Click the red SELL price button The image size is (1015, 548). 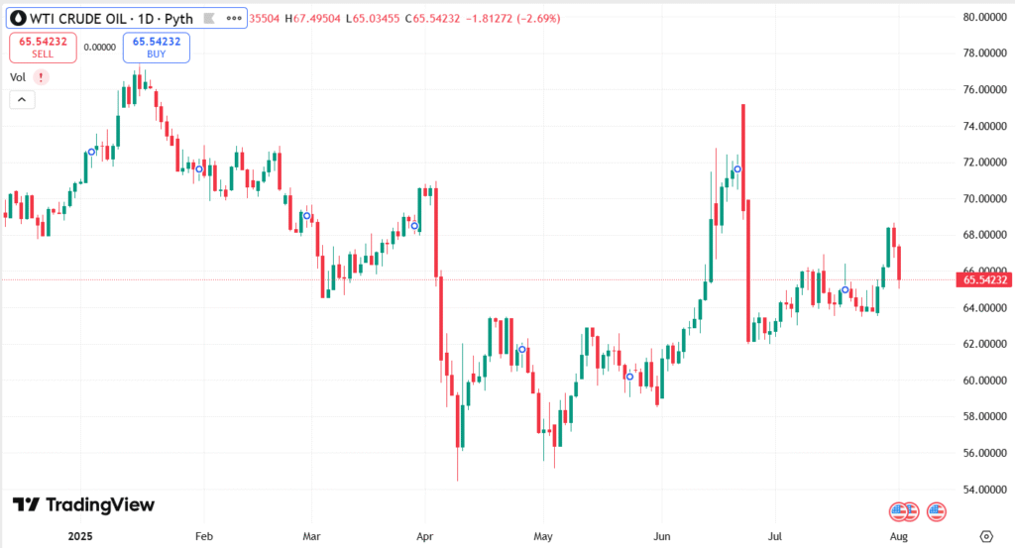click(42, 48)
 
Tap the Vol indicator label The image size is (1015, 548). click(18, 76)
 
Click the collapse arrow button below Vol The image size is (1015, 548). click(22, 99)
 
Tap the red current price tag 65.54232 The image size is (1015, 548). click(983, 280)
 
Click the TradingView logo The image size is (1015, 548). click(83, 505)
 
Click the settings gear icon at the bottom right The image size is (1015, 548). click(985, 535)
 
